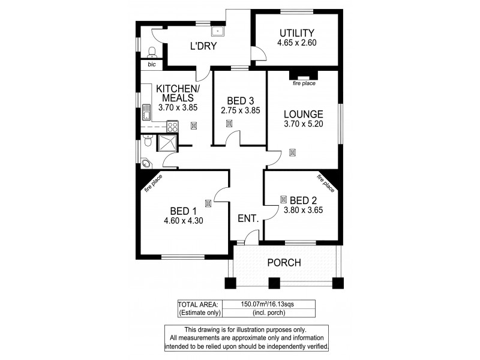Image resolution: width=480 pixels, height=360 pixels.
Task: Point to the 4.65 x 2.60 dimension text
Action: (x=296, y=43)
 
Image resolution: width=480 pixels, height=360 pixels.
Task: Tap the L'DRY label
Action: (x=203, y=46)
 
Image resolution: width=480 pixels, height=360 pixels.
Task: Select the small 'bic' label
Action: (x=151, y=64)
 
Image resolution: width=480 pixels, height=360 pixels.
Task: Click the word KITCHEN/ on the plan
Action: (x=178, y=88)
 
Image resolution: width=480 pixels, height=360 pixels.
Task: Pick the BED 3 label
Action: (x=238, y=100)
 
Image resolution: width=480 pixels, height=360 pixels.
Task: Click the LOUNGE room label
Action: (x=303, y=114)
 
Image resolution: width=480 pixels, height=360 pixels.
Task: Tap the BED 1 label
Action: (x=183, y=211)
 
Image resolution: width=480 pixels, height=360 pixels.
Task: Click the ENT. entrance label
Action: (x=248, y=220)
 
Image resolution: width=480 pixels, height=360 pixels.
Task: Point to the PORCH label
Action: (x=284, y=263)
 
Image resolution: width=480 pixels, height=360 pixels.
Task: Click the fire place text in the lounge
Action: (x=304, y=83)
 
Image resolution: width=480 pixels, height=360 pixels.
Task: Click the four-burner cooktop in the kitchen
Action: (x=172, y=127)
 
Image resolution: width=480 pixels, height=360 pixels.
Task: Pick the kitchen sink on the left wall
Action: (x=146, y=112)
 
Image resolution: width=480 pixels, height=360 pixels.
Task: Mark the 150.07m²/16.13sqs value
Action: (x=268, y=304)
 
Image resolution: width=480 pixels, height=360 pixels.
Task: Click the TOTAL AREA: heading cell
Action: (x=199, y=304)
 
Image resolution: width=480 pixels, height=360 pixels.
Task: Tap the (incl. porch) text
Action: (x=268, y=313)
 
